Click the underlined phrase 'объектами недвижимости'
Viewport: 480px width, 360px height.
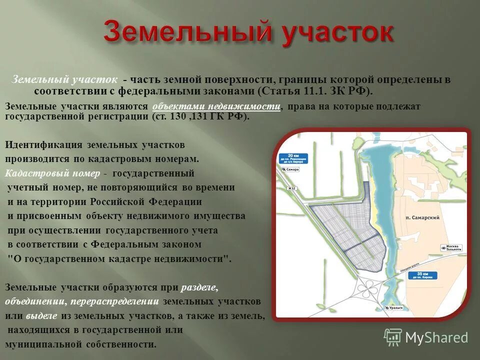pos(216,106)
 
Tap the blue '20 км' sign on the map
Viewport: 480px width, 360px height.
pos(293,158)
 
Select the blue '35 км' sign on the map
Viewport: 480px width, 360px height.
pos(425,275)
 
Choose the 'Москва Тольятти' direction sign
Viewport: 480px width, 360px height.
pos(451,248)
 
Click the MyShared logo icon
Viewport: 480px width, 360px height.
pos(392,337)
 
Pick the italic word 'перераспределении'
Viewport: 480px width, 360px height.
pos(114,302)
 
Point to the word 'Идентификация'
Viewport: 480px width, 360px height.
pos(43,145)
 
